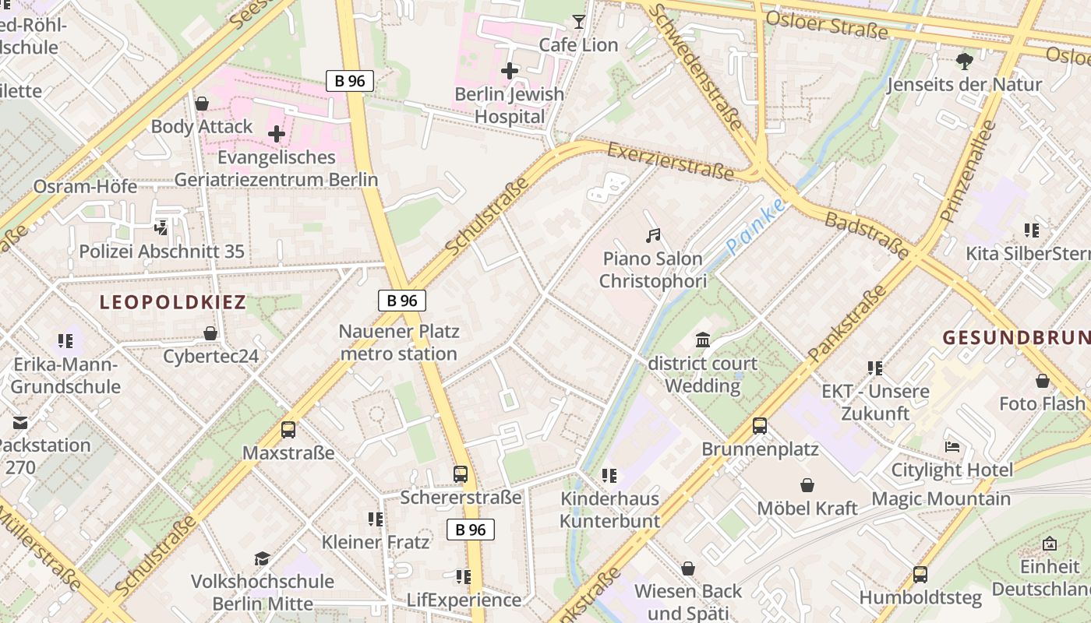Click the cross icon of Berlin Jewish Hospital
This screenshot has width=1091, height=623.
(x=510, y=71)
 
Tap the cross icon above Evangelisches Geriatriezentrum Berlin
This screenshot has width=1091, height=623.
(x=277, y=134)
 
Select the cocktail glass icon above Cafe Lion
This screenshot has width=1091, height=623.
(x=578, y=22)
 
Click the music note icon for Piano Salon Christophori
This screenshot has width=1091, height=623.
(x=653, y=235)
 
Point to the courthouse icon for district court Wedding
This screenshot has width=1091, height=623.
(x=702, y=340)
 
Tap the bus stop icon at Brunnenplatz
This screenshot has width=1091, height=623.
(x=760, y=426)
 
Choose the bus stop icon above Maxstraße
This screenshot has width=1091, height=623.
(x=288, y=429)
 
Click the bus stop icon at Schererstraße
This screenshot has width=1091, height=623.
(x=461, y=473)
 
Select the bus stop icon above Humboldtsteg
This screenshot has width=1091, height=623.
(x=920, y=575)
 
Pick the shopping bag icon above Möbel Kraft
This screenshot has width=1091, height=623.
(x=807, y=485)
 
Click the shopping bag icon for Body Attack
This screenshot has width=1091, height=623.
(x=202, y=104)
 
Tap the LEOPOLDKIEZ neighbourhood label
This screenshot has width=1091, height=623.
(x=172, y=302)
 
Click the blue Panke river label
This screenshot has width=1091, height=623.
(x=755, y=227)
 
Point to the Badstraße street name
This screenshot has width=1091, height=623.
(x=867, y=234)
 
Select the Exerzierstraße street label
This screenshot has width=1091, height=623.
(x=670, y=160)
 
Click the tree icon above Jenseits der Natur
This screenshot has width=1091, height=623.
(x=965, y=61)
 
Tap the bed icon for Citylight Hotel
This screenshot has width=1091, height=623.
(x=952, y=447)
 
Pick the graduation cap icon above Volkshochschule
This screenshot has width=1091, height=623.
(x=262, y=558)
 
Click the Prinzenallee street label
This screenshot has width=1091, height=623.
(x=969, y=171)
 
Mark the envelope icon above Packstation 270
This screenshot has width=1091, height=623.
(x=20, y=422)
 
